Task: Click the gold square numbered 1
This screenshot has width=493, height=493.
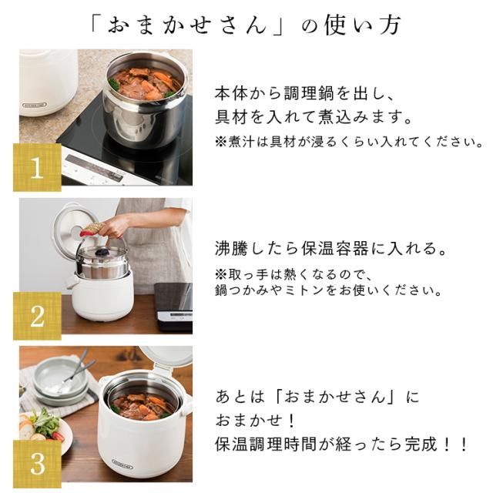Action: pyautogui.click(x=37, y=166)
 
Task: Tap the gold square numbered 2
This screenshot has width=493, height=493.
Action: pyautogui.click(x=37, y=314)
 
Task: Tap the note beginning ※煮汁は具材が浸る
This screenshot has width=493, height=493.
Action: pyautogui.click(x=348, y=142)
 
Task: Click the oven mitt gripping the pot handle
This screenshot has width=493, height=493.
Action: pyautogui.click(x=94, y=229)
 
